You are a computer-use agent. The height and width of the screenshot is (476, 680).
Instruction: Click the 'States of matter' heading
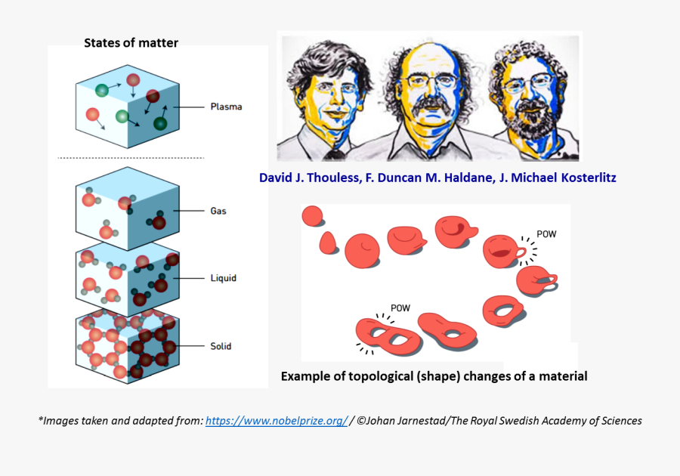[131, 42]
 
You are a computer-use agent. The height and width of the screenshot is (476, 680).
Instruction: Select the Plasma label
[226, 107]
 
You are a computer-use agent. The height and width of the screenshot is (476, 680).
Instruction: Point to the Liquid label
[223, 278]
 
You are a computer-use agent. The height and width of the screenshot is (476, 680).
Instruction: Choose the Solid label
[221, 346]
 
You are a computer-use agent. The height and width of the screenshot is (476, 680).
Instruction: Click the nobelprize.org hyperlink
[276, 421]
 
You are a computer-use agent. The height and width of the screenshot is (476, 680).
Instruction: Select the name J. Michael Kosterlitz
[555, 178]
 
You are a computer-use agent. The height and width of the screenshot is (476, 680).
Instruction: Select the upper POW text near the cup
[546, 234]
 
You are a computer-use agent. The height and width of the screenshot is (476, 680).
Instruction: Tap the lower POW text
[400, 308]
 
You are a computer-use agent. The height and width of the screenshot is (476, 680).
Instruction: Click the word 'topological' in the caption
[374, 376]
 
